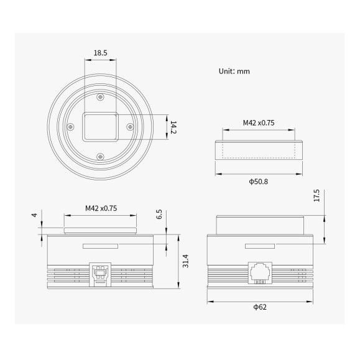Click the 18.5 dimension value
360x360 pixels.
coord(101,53)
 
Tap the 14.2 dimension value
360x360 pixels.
coord(175,127)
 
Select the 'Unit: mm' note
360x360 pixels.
coord(234,71)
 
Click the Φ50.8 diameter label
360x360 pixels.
coord(258,183)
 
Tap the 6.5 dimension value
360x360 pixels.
coord(159,215)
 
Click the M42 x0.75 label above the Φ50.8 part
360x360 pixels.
coord(258,122)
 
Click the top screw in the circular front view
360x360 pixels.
coord(101,96)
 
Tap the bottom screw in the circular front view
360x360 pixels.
coord(101,156)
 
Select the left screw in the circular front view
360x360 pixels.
coord(70,126)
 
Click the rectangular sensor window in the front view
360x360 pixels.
coord(101,126)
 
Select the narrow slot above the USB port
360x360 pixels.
coord(101,247)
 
